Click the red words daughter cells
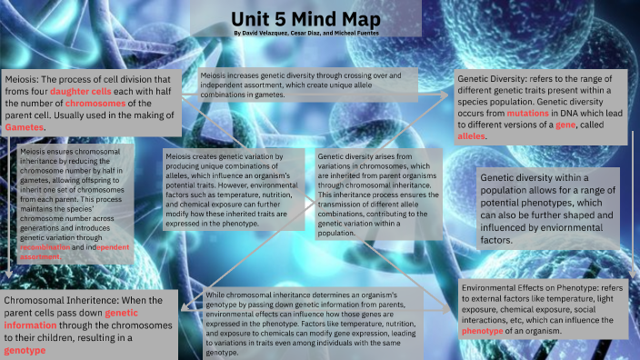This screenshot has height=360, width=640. point(83,92)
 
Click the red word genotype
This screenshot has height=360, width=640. point(25,348)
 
